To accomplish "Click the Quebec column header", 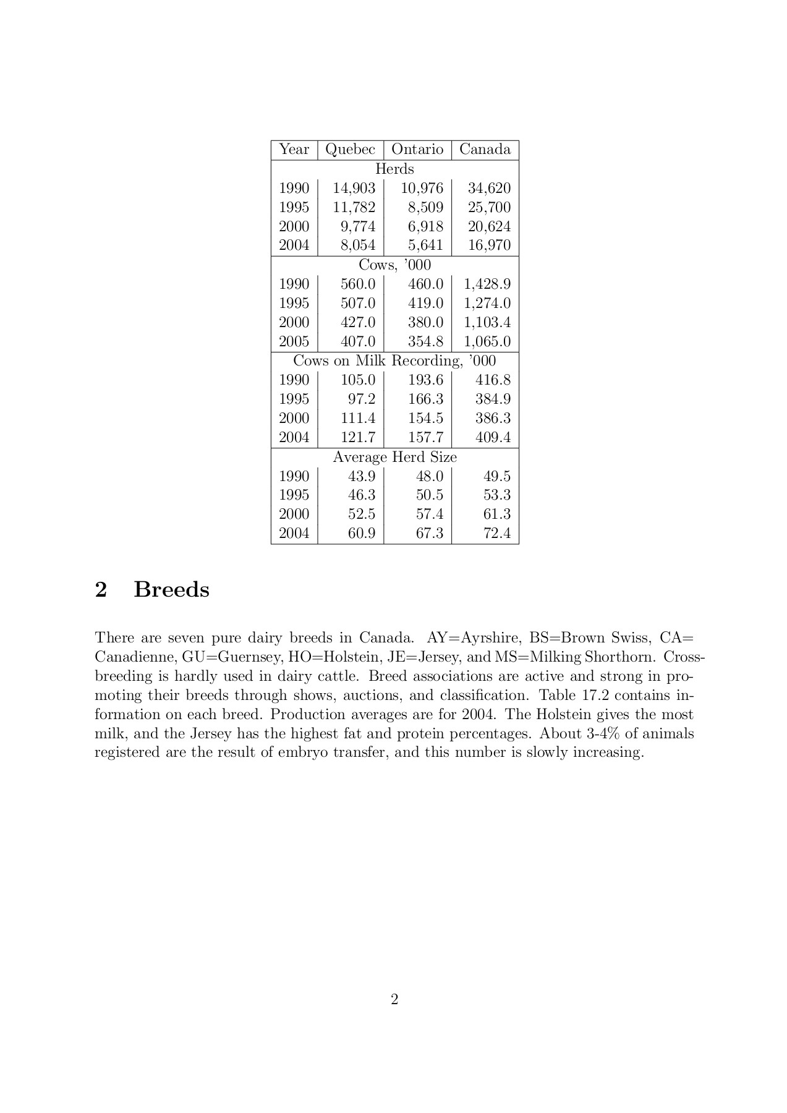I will click(350, 150).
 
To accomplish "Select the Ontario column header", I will click(417, 150).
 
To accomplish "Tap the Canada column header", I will click(485, 150).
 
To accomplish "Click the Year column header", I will click(294, 150).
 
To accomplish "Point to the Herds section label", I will click(394, 169).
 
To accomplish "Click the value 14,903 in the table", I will click(354, 188).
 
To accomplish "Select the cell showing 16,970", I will click(489, 245).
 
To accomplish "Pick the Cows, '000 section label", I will click(394, 265).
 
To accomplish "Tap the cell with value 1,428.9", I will click(487, 284).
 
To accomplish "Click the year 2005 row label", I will click(294, 341).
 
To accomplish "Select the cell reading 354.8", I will click(425, 341).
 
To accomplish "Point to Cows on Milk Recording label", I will click(394, 360).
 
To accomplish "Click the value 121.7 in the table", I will click(358, 437).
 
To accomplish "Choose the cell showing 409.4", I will click(493, 437).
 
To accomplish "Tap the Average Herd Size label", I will click(394, 457).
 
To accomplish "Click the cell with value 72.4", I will click(497, 533).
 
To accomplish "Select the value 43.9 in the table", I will click(362, 476).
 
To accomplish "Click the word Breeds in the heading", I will click(171, 589).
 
